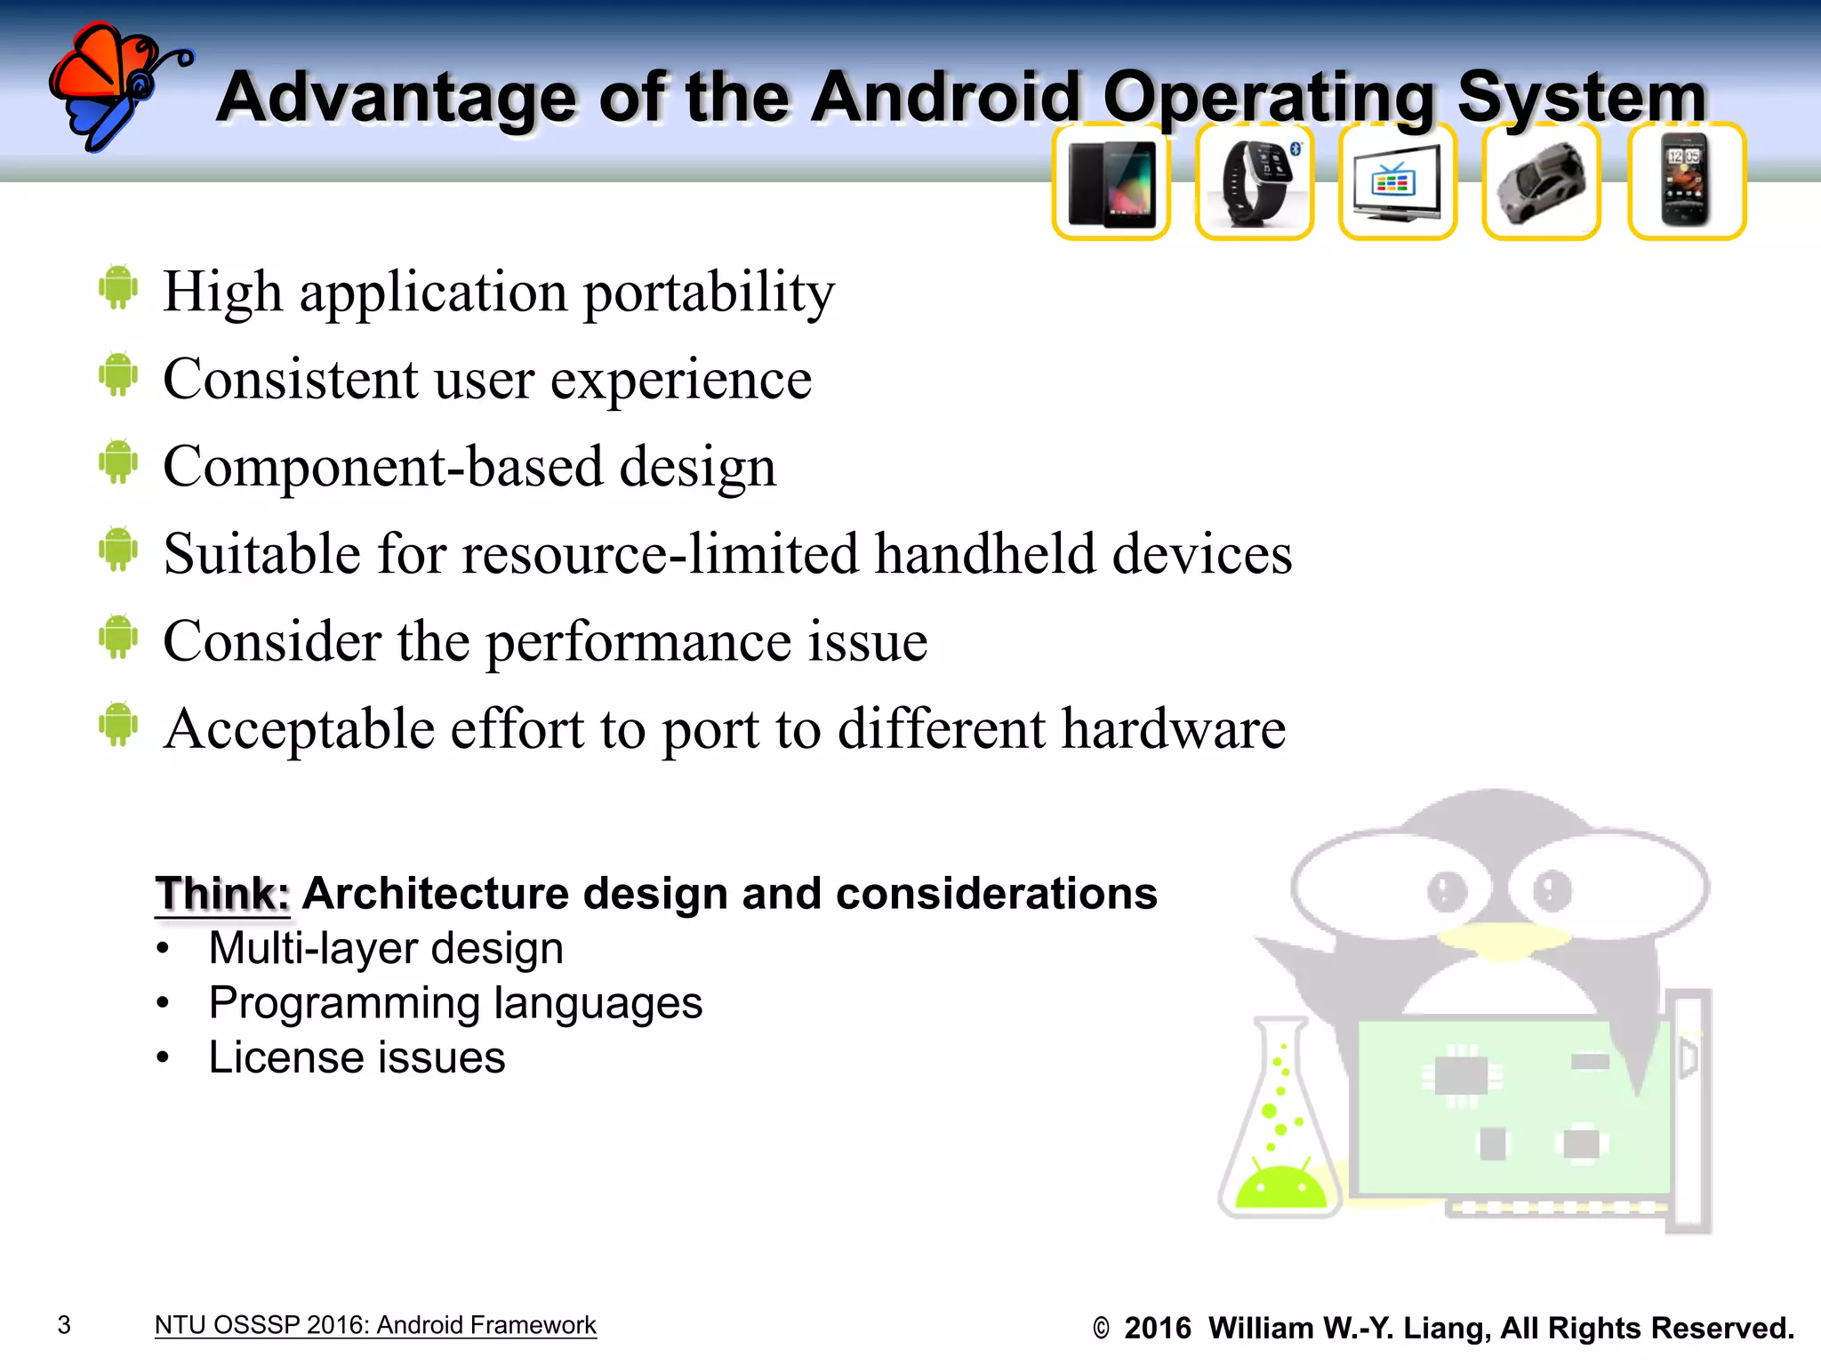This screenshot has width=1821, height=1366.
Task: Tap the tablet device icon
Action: (1111, 182)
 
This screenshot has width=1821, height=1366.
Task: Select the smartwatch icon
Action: (1255, 182)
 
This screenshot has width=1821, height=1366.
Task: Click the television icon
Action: (1397, 182)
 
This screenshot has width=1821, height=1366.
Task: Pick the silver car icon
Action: (1541, 182)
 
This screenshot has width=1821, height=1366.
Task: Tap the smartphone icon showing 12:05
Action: (1686, 182)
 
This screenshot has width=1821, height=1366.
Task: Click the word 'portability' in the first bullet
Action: (709, 293)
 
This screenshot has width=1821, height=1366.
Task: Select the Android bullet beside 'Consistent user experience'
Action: (118, 374)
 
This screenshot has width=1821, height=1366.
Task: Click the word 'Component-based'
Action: (382, 467)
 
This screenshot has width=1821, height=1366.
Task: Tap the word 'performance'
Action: (638, 642)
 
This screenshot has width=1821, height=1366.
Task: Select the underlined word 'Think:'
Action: (222, 894)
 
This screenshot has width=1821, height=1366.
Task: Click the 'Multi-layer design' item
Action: (386, 948)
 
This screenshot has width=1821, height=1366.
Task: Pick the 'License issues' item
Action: (357, 1057)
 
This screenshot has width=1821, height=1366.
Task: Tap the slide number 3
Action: (64, 1325)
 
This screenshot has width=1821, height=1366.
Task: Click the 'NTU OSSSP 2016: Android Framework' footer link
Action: (375, 1325)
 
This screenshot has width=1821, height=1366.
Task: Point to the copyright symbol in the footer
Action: (1101, 1329)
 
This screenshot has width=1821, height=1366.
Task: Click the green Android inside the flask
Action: (1281, 1186)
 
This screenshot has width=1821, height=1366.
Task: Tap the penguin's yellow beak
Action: (1503, 943)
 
